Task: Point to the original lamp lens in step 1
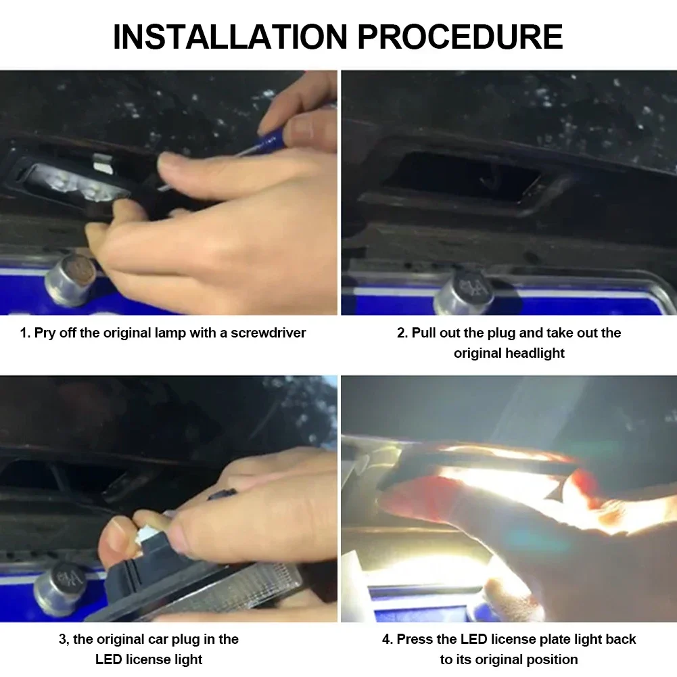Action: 73,182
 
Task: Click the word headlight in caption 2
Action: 535,353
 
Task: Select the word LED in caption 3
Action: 108,659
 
